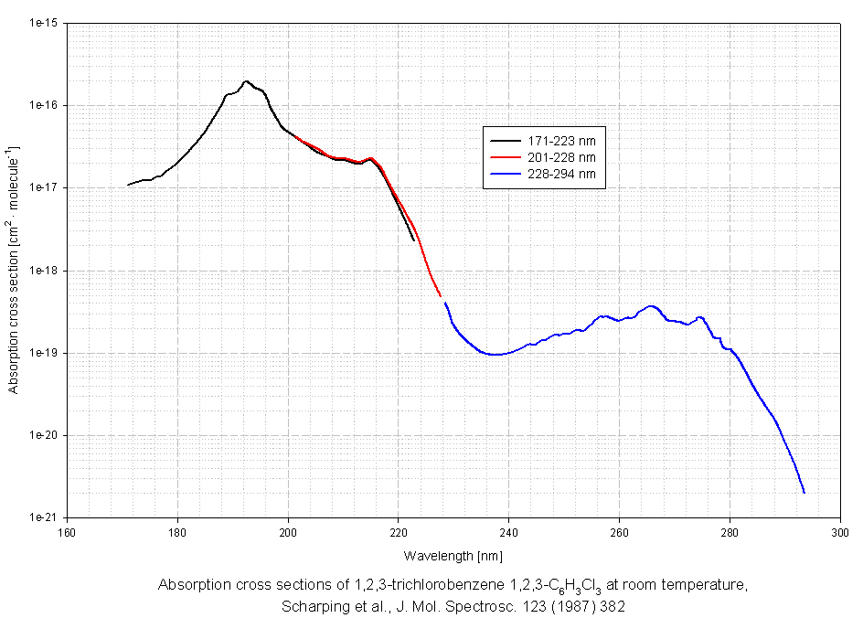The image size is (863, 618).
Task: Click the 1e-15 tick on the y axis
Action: [44, 23]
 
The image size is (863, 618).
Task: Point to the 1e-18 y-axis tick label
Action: [44, 271]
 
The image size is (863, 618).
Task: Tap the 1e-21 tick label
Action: [44, 517]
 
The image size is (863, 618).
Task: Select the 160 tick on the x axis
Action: [67, 531]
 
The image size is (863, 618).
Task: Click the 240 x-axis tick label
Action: [508, 531]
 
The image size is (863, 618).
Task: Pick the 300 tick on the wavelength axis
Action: [839, 531]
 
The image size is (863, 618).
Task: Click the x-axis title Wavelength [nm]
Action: [453, 555]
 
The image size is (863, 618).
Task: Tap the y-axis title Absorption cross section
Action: [13, 270]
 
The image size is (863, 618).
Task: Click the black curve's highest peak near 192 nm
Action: [246, 80]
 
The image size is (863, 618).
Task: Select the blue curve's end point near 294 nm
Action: [804, 493]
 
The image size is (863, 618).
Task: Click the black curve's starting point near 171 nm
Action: [128, 185]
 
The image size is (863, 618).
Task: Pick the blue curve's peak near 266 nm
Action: [652, 306]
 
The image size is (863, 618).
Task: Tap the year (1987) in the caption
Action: [560, 605]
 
